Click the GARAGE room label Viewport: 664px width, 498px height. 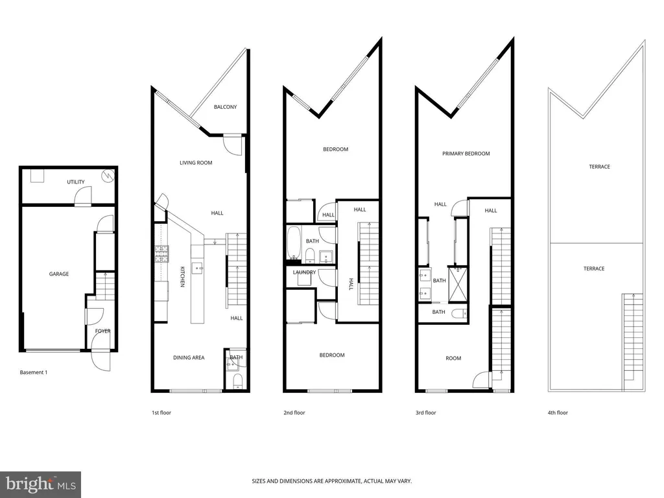(x=59, y=274)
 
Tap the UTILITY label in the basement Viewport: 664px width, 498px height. (x=76, y=182)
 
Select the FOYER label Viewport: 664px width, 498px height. (x=103, y=331)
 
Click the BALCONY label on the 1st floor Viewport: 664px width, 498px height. (x=225, y=107)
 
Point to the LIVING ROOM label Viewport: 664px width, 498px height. (x=196, y=163)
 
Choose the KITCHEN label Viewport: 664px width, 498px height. (x=182, y=276)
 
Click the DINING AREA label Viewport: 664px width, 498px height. (x=189, y=357)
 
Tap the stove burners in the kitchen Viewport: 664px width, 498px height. (x=161, y=254)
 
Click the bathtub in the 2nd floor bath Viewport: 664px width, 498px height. (x=294, y=243)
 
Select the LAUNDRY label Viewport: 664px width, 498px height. (x=305, y=272)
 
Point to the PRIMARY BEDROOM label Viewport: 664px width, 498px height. (x=466, y=154)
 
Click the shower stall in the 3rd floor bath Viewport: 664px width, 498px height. (x=458, y=284)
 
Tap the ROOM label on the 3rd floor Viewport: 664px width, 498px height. (x=453, y=358)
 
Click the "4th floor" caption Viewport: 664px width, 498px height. (x=558, y=412)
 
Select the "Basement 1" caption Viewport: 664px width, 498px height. (x=34, y=373)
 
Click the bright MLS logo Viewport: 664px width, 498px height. (x=41, y=484)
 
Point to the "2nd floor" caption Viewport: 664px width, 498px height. (x=294, y=412)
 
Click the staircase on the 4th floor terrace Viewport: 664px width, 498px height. (x=633, y=342)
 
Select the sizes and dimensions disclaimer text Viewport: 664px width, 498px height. (x=332, y=481)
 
